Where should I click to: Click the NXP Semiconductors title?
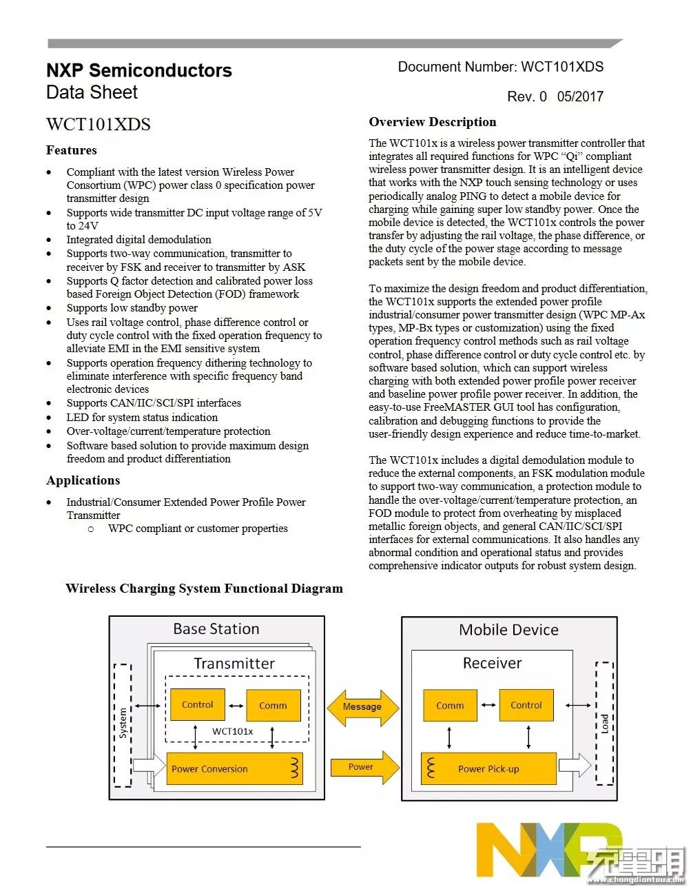tap(138, 70)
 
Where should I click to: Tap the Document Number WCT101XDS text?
tap(500, 67)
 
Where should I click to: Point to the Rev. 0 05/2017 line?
tap(555, 96)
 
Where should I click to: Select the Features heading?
tap(71, 150)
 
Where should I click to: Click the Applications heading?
tap(83, 480)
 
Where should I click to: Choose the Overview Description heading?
tap(432, 122)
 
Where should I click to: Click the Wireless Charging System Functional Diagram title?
tap(204, 589)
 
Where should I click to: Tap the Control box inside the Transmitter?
tap(198, 705)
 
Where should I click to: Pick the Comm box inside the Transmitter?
tap(273, 706)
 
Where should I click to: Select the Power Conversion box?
tap(234, 769)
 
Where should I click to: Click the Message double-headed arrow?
tap(362, 706)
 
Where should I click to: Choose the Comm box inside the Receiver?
tap(450, 706)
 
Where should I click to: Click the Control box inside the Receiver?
tap(526, 705)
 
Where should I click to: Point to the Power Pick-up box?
tap(488, 769)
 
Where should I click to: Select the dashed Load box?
tap(604, 723)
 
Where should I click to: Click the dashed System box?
tap(123, 724)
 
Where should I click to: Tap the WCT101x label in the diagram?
tap(232, 731)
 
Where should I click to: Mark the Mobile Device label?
tap(508, 630)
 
